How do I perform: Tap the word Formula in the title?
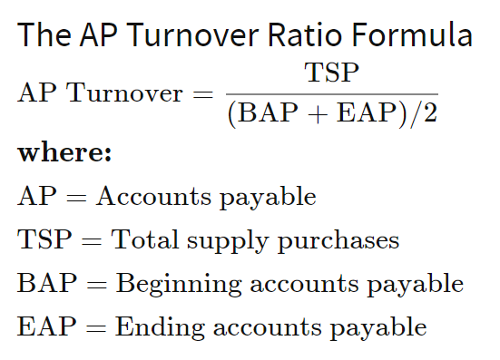click(412, 34)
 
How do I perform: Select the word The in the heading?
click(44, 34)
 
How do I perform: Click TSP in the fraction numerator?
click(332, 73)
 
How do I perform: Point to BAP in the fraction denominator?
click(268, 112)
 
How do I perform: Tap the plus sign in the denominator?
click(318, 114)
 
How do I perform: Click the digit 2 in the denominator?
click(430, 112)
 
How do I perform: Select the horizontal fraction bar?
click(332, 94)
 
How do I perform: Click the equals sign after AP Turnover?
click(202, 94)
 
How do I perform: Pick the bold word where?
click(64, 152)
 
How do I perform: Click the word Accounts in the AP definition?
click(153, 196)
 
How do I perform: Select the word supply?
click(228, 242)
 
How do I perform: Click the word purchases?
click(338, 242)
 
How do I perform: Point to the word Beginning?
click(179, 285)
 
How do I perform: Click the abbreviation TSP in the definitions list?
click(44, 239)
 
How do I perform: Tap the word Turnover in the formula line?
click(124, 92)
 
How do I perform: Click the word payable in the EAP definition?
click(378, 328)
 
